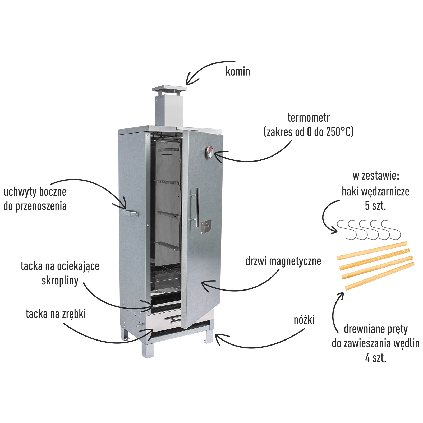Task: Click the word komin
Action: tap(238, 71)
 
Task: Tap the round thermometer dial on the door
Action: tap(210, 152)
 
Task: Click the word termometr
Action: tap(309, 118)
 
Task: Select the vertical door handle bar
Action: tap(197, 207)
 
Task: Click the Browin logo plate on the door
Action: tap(206, 226)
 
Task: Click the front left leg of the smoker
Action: tap(147, 350)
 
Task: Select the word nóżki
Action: tap(304, 320)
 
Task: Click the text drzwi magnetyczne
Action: tap(283, 261)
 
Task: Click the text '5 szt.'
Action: tap(375, 206)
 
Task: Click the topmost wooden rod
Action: tap(372, 250)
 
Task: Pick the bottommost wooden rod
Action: tap(380, 276)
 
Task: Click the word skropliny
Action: tap(60, 281)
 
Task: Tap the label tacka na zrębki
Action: tap(56, 314)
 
